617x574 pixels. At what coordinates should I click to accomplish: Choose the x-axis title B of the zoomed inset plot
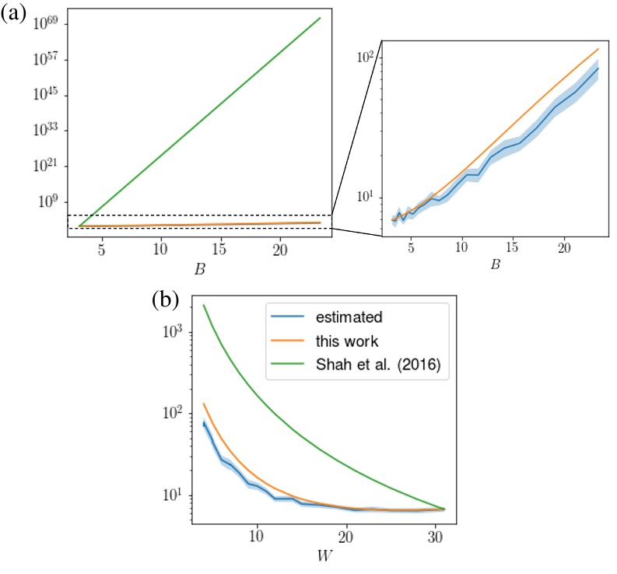coord(495,264)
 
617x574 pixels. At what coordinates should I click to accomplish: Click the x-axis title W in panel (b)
coord(321,558)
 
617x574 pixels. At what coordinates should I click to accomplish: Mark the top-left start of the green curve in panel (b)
coord(204,305)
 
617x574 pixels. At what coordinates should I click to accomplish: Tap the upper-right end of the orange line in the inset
coord(598,49)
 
